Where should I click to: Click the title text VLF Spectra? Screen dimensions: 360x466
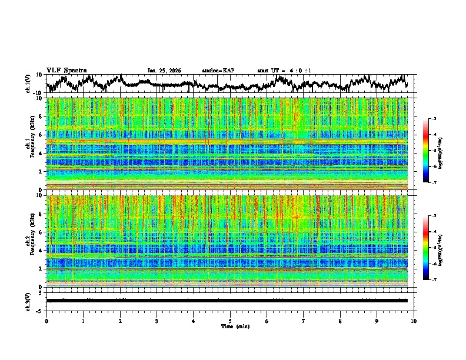[66, 70]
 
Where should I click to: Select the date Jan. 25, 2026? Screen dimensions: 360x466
[164, 71]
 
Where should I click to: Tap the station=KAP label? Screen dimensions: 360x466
[218, 71]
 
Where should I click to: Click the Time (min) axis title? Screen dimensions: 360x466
[230, 326]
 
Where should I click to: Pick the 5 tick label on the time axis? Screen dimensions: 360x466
[230, 321]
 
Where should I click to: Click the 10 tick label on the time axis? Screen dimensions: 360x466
[414, 321]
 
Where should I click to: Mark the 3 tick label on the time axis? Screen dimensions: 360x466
[157, 321]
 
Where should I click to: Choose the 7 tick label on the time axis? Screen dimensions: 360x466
[304, 321]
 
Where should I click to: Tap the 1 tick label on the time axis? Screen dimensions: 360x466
[83, 321]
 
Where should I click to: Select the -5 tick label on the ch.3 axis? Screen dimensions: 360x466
[41, 309]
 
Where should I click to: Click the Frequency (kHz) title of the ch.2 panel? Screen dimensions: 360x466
[35, 241]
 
